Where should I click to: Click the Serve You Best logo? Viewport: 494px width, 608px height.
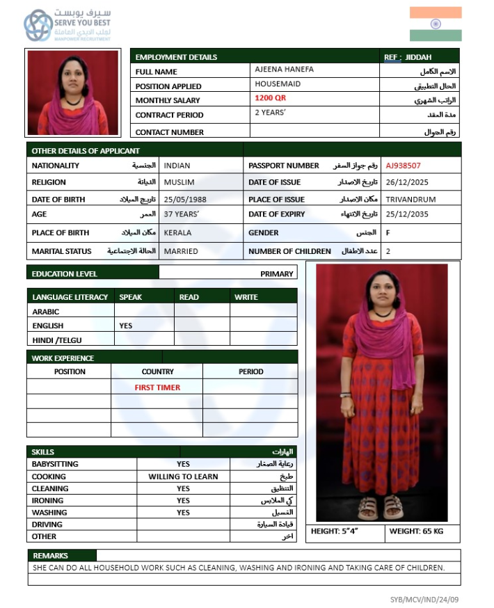[67, 26]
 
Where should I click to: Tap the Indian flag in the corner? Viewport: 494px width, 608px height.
[436, 24]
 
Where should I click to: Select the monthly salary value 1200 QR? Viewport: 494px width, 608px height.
[270, 99]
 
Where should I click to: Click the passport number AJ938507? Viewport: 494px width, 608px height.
[404, 166]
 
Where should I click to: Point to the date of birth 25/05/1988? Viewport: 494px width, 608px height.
[185, 199]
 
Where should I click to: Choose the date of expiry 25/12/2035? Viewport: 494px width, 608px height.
[406, 214]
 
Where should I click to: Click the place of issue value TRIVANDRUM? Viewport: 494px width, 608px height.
[411, 199]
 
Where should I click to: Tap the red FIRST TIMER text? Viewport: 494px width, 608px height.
[157, 387]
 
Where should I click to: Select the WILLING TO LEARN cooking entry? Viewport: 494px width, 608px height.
[183, 477]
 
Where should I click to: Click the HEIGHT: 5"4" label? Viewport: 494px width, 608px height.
[335, 531]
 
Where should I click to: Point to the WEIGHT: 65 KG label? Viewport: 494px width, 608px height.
[416, 531]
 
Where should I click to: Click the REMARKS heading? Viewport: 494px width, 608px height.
[50, 556]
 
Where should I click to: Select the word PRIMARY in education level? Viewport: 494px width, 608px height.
[277, 273]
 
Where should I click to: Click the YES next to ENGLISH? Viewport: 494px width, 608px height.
[126, 326]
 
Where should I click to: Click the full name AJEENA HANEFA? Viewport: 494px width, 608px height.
[284, 70]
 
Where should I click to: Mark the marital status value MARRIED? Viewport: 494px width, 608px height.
[181, 251]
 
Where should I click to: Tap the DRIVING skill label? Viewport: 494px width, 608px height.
[47, 525]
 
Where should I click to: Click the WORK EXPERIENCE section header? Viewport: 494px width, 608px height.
[63, 358]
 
